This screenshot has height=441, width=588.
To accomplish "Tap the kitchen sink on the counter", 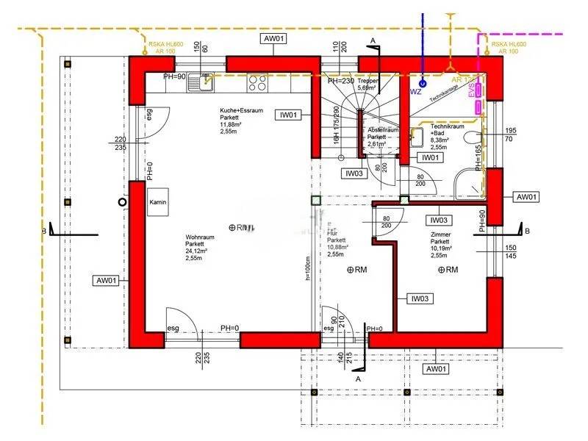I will click(x=199, y=83).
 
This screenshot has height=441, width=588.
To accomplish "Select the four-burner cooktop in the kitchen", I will click(x=257, y=83).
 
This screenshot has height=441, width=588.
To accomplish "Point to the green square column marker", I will click(x=317, y=200).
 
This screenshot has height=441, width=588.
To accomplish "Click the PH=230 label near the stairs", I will click(x=342, y=82).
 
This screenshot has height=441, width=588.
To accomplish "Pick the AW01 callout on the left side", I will click(x=107, y=280).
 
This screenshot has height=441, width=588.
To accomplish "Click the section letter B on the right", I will click(x=528, y=232).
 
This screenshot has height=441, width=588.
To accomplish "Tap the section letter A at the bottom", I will click(x=358, y=378).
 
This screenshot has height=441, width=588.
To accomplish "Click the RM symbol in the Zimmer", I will click(x=448, y=270).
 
